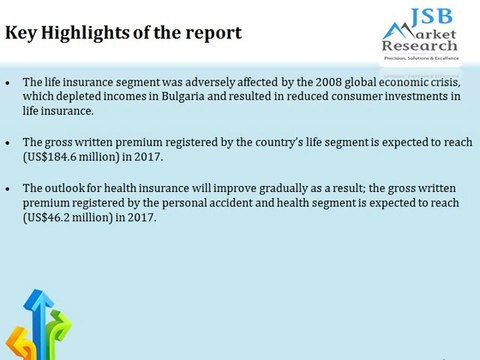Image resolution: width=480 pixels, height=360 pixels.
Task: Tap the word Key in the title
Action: pyautogui.click(x=22, y=32)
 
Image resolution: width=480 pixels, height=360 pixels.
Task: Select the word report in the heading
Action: pyautogui.click(x=211, y=32)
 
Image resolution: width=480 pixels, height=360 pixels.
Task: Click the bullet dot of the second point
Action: pyautogui.click(x=9, y=143)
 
